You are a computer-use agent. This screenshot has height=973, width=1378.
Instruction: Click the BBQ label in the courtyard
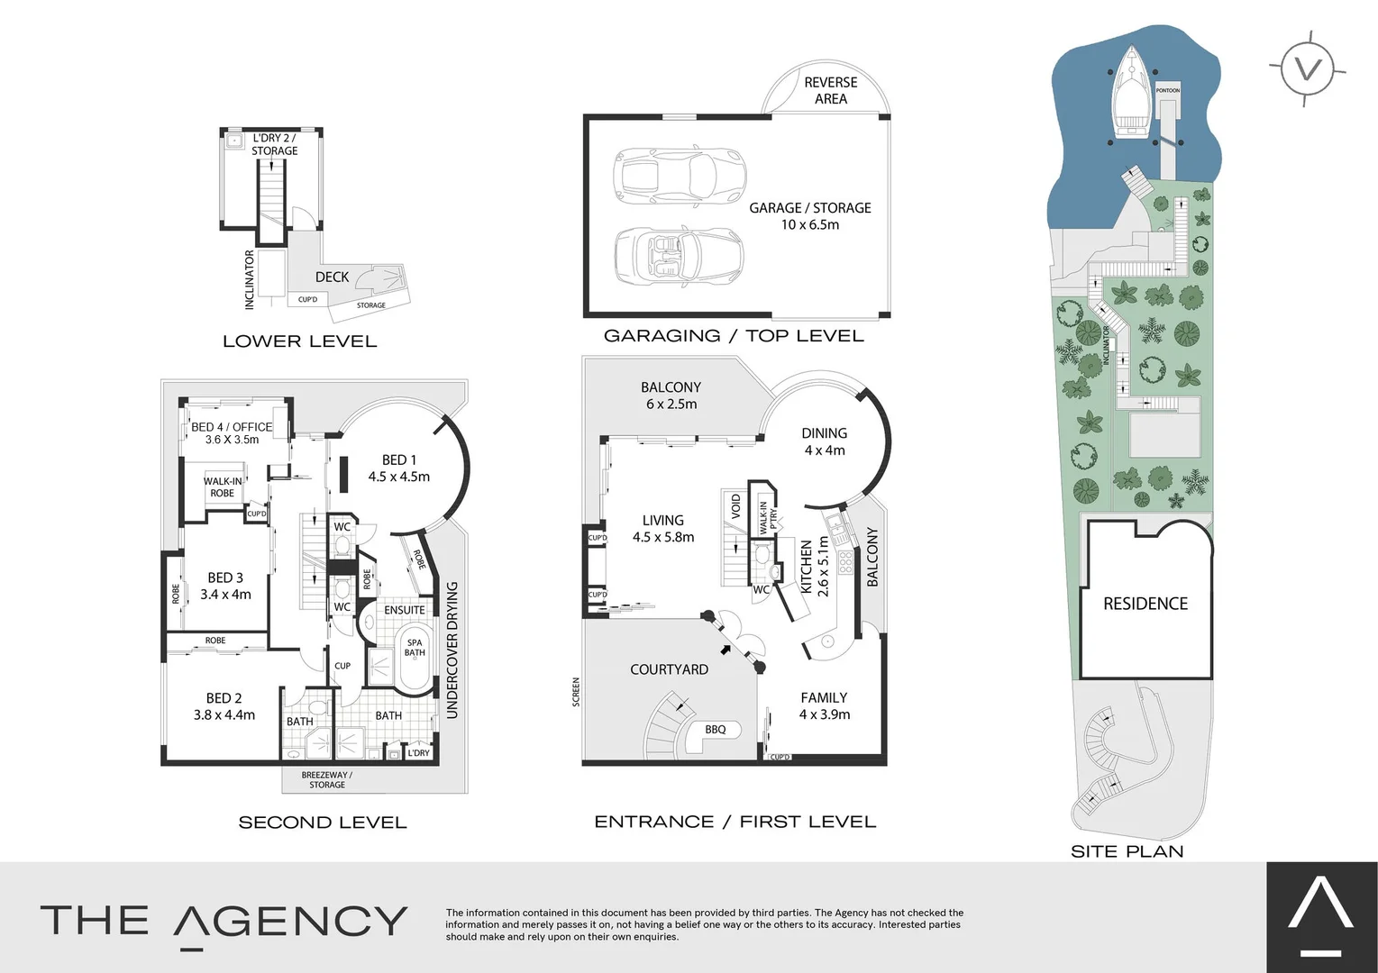tap(716, 730)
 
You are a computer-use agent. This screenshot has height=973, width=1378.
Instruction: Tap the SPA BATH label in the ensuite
tap(415, 648)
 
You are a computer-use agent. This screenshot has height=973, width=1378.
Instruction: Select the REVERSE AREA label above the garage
tap(830, 90)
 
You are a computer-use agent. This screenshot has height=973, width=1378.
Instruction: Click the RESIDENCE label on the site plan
tap(1145, 604)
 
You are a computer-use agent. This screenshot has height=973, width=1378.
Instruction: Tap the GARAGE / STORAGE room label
tap(810, 216)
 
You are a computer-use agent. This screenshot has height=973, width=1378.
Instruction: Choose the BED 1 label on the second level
tap(399, 468)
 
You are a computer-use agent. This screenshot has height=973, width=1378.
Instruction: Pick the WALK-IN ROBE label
tap(223, 487)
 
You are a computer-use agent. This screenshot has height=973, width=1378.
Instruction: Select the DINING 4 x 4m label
tap(825, 441)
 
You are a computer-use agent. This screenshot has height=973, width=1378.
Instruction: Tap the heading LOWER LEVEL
tap(299, 341)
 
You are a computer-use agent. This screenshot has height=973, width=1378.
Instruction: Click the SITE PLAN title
tap(1127, 851)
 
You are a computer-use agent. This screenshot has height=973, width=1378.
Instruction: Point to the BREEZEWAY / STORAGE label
tap(327, 780)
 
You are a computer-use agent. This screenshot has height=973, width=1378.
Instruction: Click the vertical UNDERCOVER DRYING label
tap(452, 650)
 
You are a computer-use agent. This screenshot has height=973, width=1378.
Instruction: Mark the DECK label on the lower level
tap(332, 277)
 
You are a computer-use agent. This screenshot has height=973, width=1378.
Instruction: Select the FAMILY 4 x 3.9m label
tap(825, 705)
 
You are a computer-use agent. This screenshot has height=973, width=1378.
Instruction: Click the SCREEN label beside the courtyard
tap(577, 692)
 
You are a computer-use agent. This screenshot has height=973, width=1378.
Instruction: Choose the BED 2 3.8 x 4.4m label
tap(224, 706)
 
